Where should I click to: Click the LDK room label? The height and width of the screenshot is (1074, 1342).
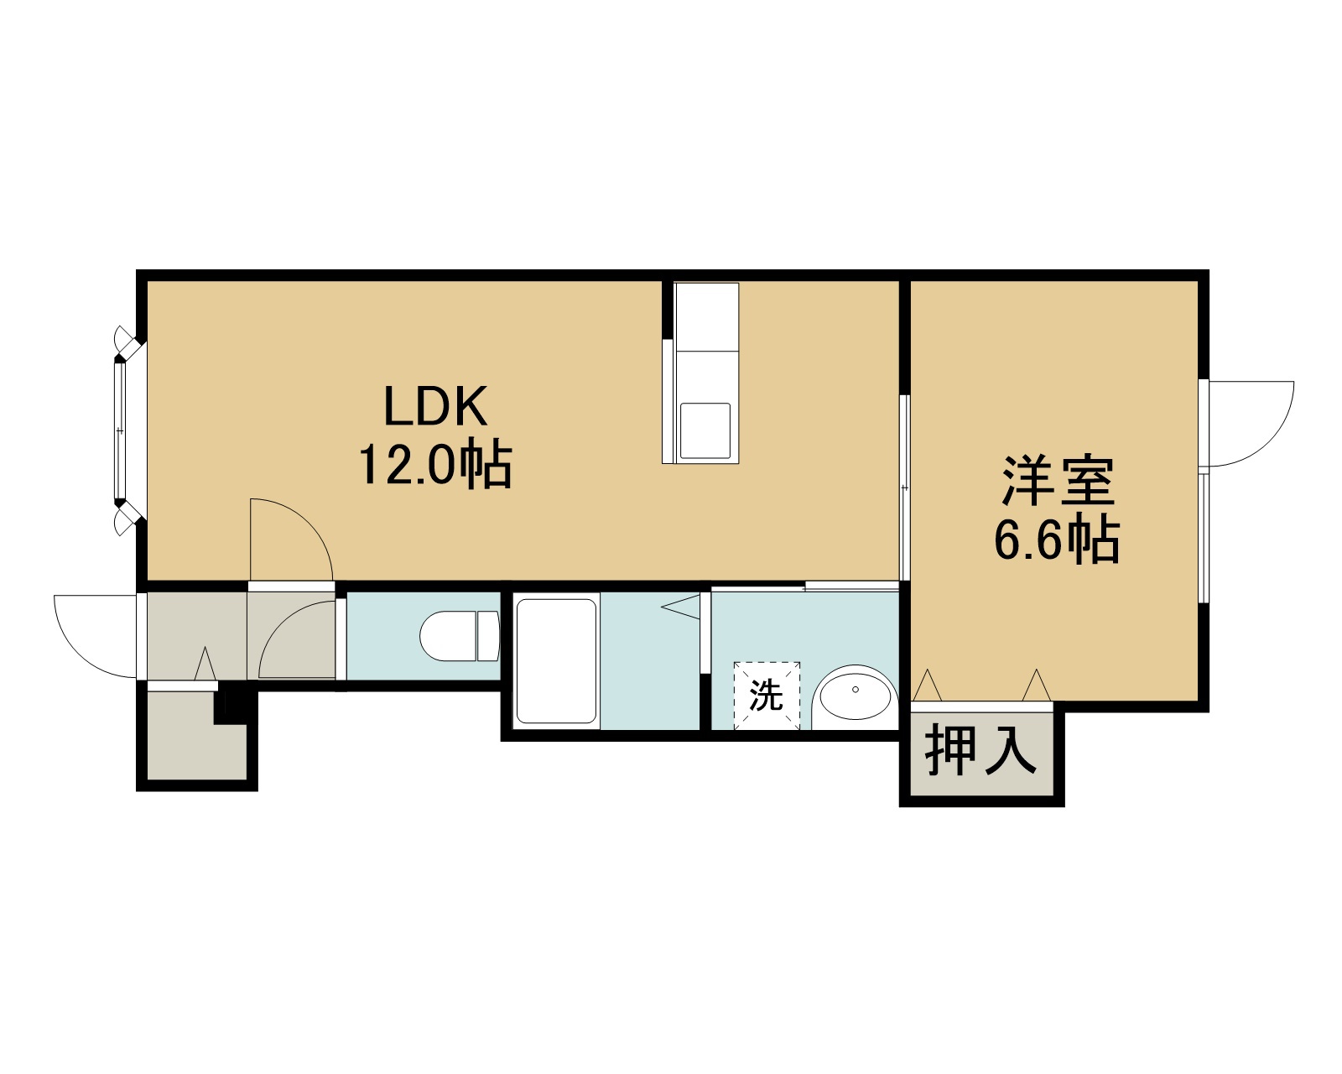434,406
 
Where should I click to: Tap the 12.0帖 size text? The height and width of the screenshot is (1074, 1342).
434,464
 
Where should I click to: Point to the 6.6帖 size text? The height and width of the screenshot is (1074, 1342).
1057,540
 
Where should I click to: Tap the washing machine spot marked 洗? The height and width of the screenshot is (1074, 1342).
767,696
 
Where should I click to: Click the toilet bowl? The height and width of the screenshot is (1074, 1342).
460,636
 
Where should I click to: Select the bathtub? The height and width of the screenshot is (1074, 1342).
556,661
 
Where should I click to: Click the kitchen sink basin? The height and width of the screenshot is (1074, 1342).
705,430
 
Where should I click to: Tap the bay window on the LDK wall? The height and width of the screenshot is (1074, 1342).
127,430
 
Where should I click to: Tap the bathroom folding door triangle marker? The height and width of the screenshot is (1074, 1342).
681,607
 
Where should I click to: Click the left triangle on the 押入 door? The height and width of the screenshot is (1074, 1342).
928,686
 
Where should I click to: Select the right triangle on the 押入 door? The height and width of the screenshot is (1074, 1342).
1037,686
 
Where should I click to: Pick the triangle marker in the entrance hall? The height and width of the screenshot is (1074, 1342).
205,664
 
